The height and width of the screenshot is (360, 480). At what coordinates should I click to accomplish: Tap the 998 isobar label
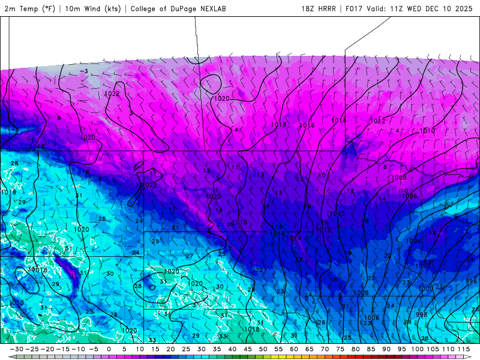pyautogui.click(x=422, y=314)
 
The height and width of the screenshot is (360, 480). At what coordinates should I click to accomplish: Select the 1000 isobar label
pyautogui.click(x=425, y=289)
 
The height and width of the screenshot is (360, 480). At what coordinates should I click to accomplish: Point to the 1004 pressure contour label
pyautogui.click(x=413, y=241)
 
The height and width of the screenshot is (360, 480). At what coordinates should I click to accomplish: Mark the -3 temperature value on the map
pyautogui.click(x=86, y=71)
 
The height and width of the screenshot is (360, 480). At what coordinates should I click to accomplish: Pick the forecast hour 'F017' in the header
pyautogui.click(x=353, y=9)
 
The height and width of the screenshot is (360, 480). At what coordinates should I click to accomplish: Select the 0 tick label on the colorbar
pyautogui.click(x=109, y=349)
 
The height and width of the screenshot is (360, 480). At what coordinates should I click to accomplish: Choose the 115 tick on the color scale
pyautogui.click(x=463, y=349)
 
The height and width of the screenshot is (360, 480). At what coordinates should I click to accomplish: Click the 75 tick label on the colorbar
pyautogui.click(x=340, y=349)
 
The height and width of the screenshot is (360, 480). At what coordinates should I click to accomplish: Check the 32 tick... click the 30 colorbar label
pyautogui.click(x=202, y=349)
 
